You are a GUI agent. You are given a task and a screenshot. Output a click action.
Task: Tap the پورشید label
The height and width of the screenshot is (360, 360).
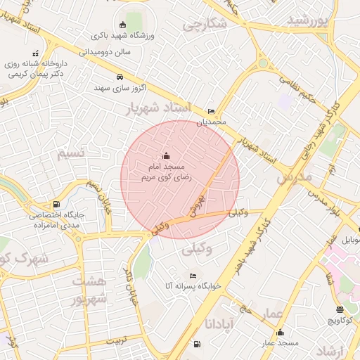pos(308,20)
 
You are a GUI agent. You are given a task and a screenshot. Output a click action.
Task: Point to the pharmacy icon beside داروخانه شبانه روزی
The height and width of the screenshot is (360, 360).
pos(36,53)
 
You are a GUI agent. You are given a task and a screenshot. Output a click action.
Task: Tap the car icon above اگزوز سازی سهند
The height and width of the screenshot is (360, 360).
pos(120,77)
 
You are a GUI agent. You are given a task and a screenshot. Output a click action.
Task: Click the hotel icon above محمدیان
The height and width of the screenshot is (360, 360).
pos(212,112)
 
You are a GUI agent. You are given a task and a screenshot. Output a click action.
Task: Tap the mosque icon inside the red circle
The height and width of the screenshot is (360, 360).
pos(166,155)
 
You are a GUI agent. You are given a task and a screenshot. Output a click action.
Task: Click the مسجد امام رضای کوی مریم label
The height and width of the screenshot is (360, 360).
pos(165,172)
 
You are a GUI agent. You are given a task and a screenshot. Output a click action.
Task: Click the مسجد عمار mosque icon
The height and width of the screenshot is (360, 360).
pos(281,333)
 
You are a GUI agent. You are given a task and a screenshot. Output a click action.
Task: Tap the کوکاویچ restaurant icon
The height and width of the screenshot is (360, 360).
pos(340,309)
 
